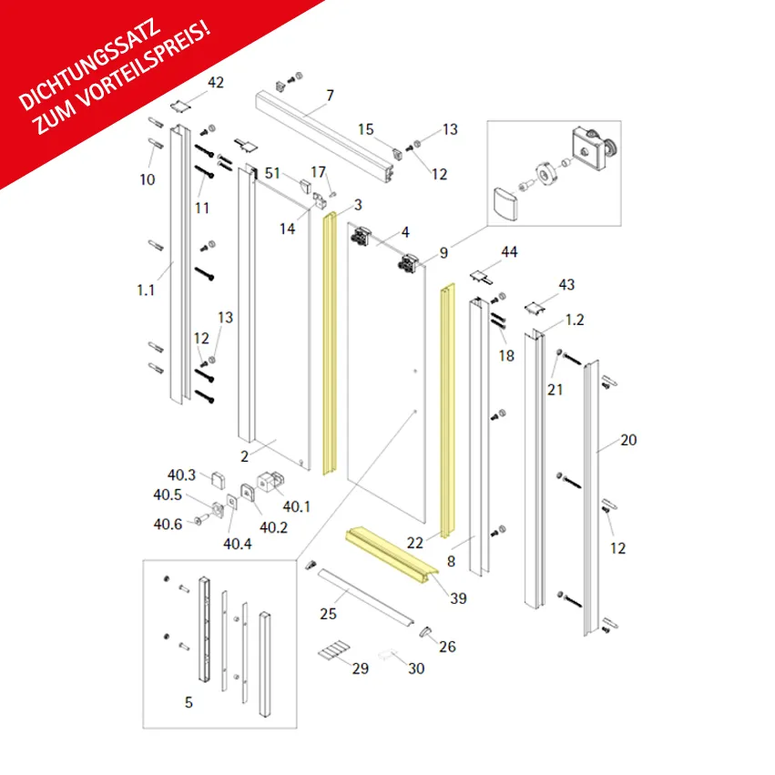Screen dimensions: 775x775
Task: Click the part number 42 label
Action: [216, 82]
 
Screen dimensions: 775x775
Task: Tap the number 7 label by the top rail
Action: [331, 96]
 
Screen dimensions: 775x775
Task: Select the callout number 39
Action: [458, 598]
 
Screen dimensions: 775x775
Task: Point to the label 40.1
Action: [297, 506]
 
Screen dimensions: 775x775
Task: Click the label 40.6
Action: [168, 524]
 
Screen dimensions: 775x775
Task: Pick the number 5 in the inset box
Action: [189, 702]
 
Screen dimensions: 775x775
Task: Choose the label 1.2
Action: [575, 320]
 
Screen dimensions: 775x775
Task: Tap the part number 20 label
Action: [628, 440]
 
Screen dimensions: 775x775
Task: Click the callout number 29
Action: [361, 668]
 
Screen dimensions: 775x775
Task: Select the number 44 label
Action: [509, 252]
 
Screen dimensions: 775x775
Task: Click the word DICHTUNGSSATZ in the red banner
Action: [90, 65]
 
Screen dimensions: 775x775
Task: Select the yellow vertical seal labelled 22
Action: [448, 411]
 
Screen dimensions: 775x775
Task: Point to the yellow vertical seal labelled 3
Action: [329, 343]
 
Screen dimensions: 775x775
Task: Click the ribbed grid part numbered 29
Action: [334, 649]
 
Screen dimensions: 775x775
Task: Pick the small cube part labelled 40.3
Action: [219, 480]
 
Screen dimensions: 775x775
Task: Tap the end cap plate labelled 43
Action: [535, 308]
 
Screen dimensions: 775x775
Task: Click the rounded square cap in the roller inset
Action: [505, 204]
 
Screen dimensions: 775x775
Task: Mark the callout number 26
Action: [447, 647]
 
